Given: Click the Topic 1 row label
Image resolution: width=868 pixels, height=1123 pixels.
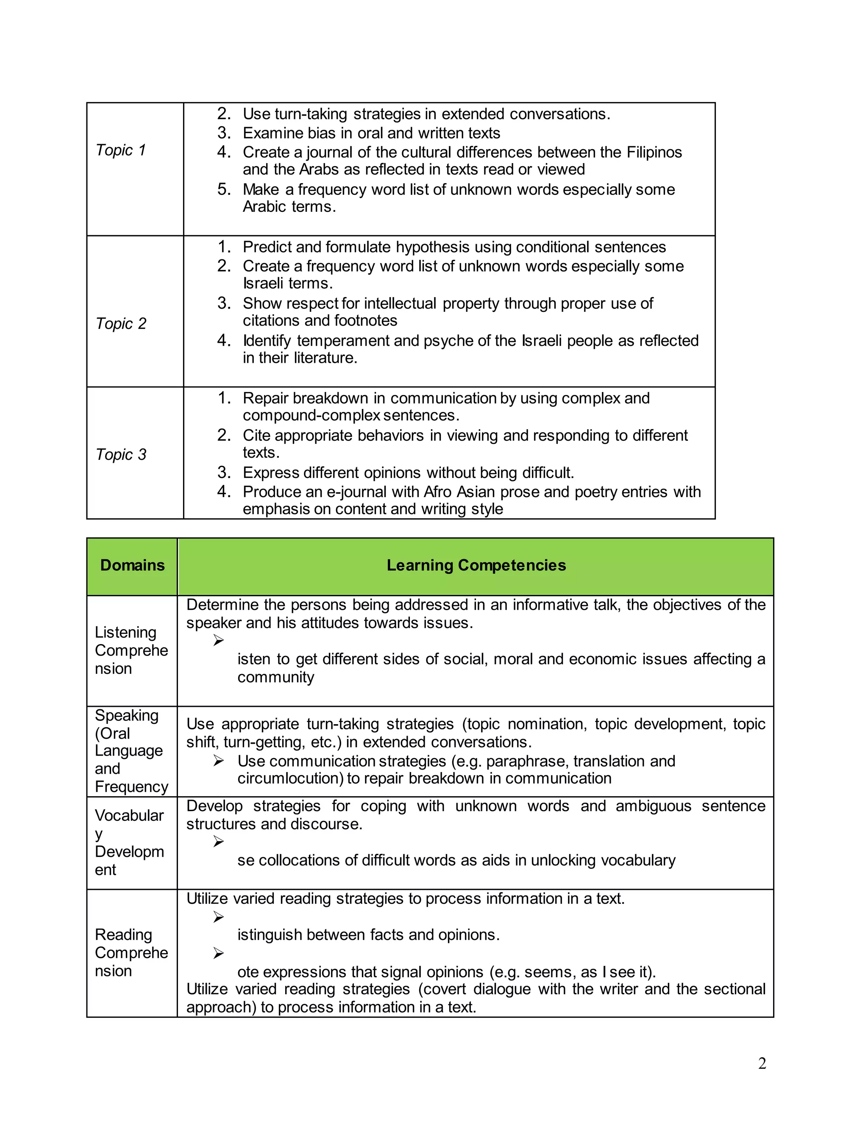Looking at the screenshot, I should [x=121, y=150].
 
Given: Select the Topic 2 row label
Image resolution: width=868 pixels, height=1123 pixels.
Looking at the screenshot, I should [x=121, y=323].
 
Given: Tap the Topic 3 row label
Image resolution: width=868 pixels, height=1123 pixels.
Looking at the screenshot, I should [x=121, y=455].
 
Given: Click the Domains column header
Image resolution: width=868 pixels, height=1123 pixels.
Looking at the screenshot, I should [x=132, y=565].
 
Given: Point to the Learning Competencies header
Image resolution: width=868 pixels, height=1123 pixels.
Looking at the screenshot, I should [x=476, y=565].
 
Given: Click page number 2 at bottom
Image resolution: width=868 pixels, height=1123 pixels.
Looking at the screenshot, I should [x=762, y=1063].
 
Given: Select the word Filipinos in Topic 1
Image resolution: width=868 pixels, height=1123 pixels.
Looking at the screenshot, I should [x=654, y=152].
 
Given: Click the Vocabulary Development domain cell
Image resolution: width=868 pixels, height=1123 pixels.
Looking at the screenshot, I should [x=129, y=842].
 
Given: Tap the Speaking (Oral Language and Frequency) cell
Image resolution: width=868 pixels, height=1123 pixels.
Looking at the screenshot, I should [x=131, y=751].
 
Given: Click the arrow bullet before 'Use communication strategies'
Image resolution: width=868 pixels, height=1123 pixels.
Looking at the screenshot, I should [x=219, y=761].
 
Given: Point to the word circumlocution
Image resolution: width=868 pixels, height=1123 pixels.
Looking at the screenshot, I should [x=290, y=778].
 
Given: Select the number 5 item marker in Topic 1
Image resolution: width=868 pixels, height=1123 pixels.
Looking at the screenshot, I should [x=224, y=189].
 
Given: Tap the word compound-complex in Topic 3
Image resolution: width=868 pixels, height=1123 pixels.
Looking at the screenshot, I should [x=311, y=415].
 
